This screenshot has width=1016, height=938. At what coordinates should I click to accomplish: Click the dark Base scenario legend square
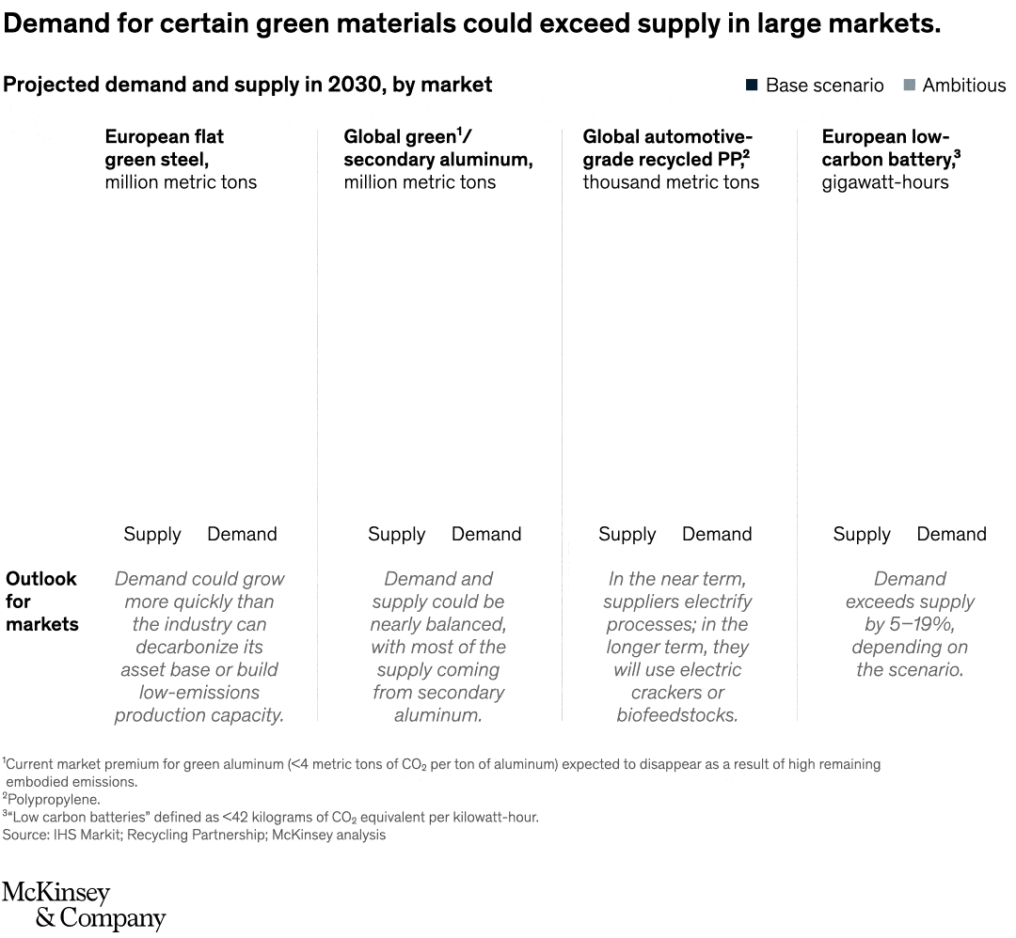click(x=752, y=86)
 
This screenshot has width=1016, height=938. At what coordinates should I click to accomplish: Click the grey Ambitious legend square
click(x=909, y=86)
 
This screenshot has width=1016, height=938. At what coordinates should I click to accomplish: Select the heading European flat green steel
click(x=165, y=148)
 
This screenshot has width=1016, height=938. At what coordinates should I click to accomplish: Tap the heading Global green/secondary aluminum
click(x=437, y=148)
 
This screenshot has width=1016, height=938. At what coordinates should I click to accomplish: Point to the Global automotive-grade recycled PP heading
click(x=667, y=148)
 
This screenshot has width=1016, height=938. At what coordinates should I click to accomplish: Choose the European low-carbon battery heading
click(x=890, y=148)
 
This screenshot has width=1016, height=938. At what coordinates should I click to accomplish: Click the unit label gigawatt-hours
click(x=885, y=182)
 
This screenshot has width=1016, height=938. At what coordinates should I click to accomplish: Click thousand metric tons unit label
click(x=671, y=182)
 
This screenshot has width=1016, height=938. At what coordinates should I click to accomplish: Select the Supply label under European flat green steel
click(x=151, y=535)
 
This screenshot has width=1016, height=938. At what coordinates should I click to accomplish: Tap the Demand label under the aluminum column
click(x=486, y=535)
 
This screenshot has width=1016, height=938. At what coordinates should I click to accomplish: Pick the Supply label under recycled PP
click(x=627, y=535)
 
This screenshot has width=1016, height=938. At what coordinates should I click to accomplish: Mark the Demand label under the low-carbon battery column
click(x=951, y=535)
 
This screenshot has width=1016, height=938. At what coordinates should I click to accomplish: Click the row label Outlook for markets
click(x=41, y=602)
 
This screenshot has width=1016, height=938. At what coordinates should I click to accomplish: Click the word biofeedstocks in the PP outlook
click(x=677, y=715)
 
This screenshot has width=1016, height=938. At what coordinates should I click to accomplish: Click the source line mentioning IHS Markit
click(x=193, y=835)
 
